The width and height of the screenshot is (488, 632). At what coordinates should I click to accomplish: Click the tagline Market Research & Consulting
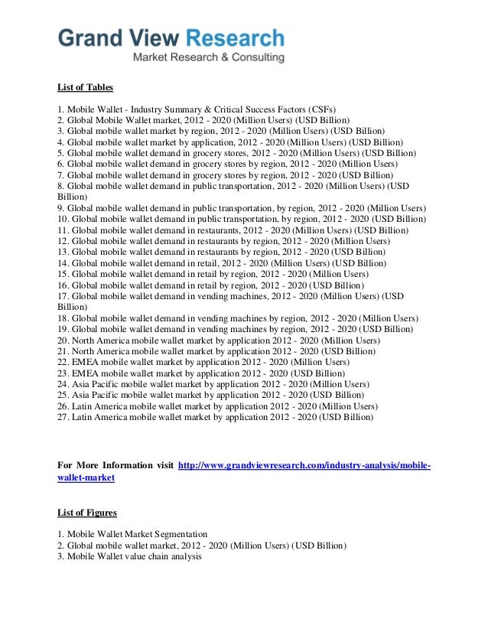tap(208, 57)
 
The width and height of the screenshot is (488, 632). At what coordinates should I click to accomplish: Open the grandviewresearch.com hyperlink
tap(304, 466)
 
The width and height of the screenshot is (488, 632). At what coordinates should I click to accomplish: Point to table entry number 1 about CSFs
tap(197, 109)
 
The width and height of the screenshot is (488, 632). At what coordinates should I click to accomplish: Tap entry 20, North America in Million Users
tap(219, 340)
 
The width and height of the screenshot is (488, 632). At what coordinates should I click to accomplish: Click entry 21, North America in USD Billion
tap(216, 351)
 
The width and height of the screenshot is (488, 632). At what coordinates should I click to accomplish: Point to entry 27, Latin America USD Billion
tap(216, 418)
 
